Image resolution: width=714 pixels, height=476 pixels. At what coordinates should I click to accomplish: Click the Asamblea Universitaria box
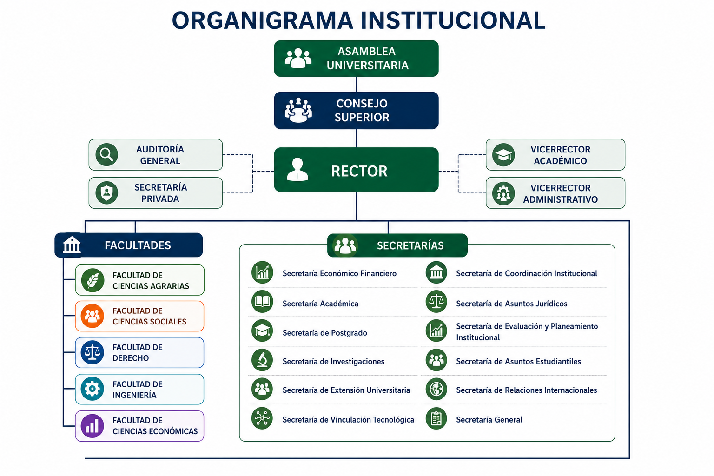click(x=356, y=59)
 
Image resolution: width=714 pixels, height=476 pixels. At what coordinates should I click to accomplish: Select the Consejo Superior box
click(x=356, y=110)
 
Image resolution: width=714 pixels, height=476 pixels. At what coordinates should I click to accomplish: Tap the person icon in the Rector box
click(x=297, y=170)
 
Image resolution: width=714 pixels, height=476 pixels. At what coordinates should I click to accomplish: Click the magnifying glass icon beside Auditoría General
click(x=107, y=155)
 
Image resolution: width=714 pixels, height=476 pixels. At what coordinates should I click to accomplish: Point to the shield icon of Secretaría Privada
click(x=107, y=193)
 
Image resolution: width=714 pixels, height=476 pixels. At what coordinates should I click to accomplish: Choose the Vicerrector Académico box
click(x=555, y=155)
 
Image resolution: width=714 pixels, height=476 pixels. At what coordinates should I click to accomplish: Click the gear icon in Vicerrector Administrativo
click(x=503, y=193)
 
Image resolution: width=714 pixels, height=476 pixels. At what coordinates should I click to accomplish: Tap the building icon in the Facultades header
click(x=72, y=245)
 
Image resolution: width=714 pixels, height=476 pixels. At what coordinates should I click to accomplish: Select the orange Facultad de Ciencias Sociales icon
click(x=93, y=316)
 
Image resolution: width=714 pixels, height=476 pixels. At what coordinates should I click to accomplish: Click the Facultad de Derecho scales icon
click(x=93, y=352)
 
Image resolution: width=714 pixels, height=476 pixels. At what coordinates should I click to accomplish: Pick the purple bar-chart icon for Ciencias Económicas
click(x=93, y=426)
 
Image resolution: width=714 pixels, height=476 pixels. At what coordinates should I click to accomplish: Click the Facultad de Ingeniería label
click(x=138, y=390)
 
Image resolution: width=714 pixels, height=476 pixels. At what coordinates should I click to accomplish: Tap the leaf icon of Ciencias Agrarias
click(x=93, y=280)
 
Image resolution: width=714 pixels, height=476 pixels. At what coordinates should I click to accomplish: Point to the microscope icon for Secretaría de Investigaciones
click(x=262, y=360)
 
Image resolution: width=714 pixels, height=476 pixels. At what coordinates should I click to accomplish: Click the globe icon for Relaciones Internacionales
click(x=436, y=389)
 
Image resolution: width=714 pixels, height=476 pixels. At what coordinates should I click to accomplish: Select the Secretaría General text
click(x=489, y=420)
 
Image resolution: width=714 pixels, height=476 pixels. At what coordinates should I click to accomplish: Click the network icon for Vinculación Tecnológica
click(x=262, y=418)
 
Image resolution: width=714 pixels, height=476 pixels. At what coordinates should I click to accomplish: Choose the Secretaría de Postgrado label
click(x=325, y=333)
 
